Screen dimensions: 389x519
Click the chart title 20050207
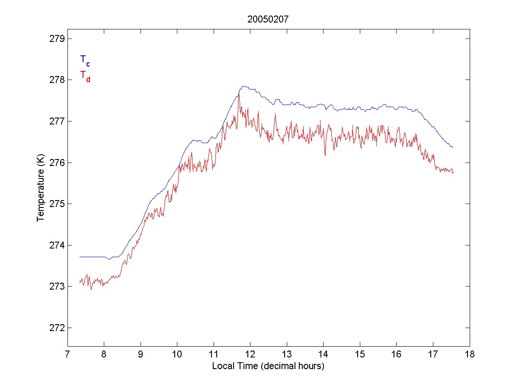pos(268,19)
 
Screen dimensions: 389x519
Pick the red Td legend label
pos(85,76)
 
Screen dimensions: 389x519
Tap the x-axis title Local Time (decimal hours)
pos(268,366)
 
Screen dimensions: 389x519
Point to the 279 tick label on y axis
pos(55,38)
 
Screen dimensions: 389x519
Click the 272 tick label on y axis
pos(55,328)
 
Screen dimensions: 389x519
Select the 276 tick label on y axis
pos(55,163)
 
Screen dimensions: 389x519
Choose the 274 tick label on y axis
pos(55,245)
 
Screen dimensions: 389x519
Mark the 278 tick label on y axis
pos(55,80)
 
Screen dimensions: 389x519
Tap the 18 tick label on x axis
pos(470,355)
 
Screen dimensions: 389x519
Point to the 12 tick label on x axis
pos(250,355)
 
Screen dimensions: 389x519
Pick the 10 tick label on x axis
pos(177,355)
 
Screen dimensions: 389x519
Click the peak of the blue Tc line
pos(244,86)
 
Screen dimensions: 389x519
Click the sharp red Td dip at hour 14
pos(325,155)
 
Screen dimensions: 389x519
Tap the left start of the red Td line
pos(80,282)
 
